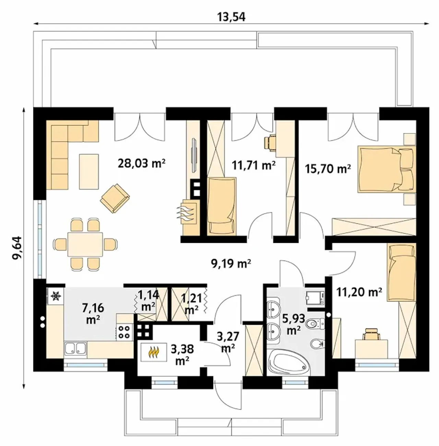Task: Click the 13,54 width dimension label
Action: tap(231, 17)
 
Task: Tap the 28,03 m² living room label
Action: tap(142, 163)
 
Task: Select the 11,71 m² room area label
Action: tap(254, 165)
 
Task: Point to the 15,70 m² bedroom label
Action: tap(328, 169)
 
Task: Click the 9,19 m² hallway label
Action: tap(231, 263)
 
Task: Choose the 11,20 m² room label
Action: tap(359, 292)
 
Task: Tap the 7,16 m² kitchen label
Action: tap(93, 314)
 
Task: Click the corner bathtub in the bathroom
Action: tap(289, 364)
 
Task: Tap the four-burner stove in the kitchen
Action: tap(124, 332)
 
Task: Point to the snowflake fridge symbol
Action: tap(56, 296)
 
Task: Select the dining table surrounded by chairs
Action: tap(85, 244)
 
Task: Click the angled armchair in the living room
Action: tap(115, 198)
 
